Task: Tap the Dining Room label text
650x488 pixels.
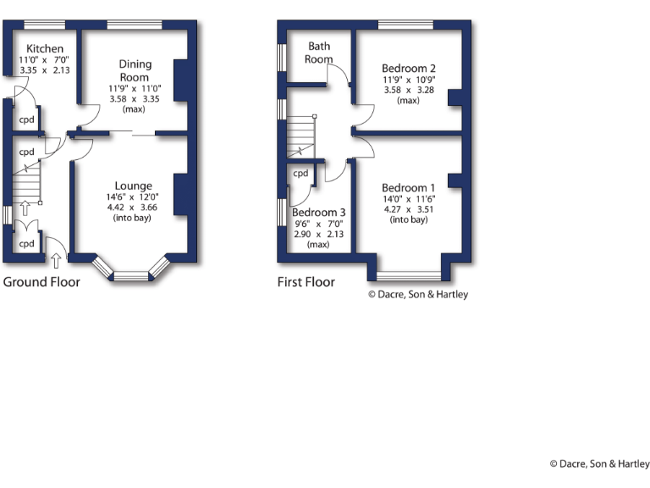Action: point(135,70)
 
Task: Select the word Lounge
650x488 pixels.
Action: point(134,186)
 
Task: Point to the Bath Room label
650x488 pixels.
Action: point(319,53)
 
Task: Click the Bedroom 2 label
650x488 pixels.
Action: point(408,68)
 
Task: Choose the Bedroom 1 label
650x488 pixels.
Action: point(408,187)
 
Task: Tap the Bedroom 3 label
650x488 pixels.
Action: point(319,212)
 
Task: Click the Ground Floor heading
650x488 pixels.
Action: point(41,281)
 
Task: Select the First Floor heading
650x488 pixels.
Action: point(306,281)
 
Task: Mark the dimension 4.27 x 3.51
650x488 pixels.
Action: point(408,209)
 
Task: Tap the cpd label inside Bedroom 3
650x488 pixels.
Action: point(300,173)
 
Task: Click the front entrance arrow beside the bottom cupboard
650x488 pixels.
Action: point(57,251)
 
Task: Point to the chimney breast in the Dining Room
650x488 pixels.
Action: point(180,80)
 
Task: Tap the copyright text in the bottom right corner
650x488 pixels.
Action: point(599,463)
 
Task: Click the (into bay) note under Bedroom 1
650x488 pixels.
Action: point(408,220)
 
